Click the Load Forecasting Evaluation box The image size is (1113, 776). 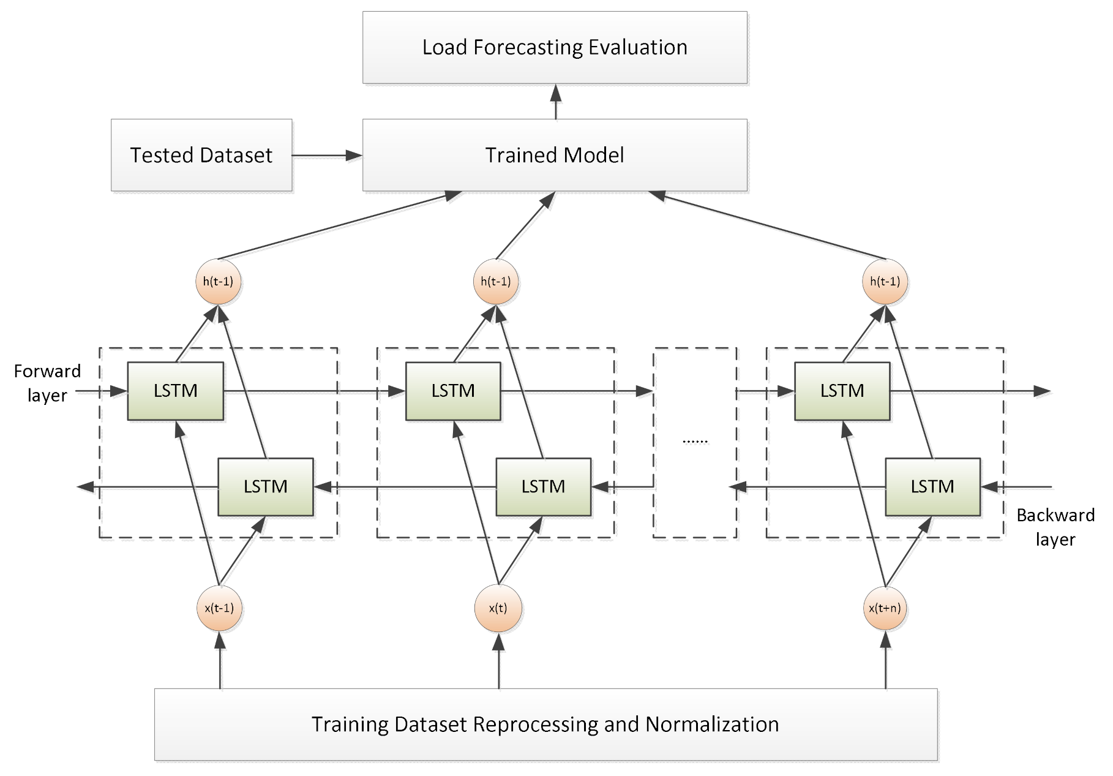click(x=555, y=47)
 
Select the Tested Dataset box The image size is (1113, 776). click(x=201, y=155)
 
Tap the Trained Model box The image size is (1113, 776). click(x=555, y=155)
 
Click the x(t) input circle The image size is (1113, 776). click(x=498, y=608)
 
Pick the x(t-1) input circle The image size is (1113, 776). click(x=220, y=608)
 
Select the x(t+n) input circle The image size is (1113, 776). click(x=885, y=608)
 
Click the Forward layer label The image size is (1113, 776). click(x=47, y=383)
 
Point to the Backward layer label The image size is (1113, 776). click(x=1055, y=527)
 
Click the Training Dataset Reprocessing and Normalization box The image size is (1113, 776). click(x=545, y=724)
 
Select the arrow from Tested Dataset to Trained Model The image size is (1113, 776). click(x=327, y=156)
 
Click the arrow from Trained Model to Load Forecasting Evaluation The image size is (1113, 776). click(x=555, y=102)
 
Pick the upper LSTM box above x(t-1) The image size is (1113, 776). click(x=175, y=391)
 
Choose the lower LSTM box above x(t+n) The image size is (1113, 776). click(x=932, y=486)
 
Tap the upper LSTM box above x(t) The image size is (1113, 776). click(x=453, y=391)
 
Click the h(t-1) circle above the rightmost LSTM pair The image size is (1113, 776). click(x=885, y=282)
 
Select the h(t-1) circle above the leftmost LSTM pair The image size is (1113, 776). click(x=220, y=282)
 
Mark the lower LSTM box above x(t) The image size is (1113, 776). click(x=543, y=486)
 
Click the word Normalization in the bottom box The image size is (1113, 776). click(x=712, y=724)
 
